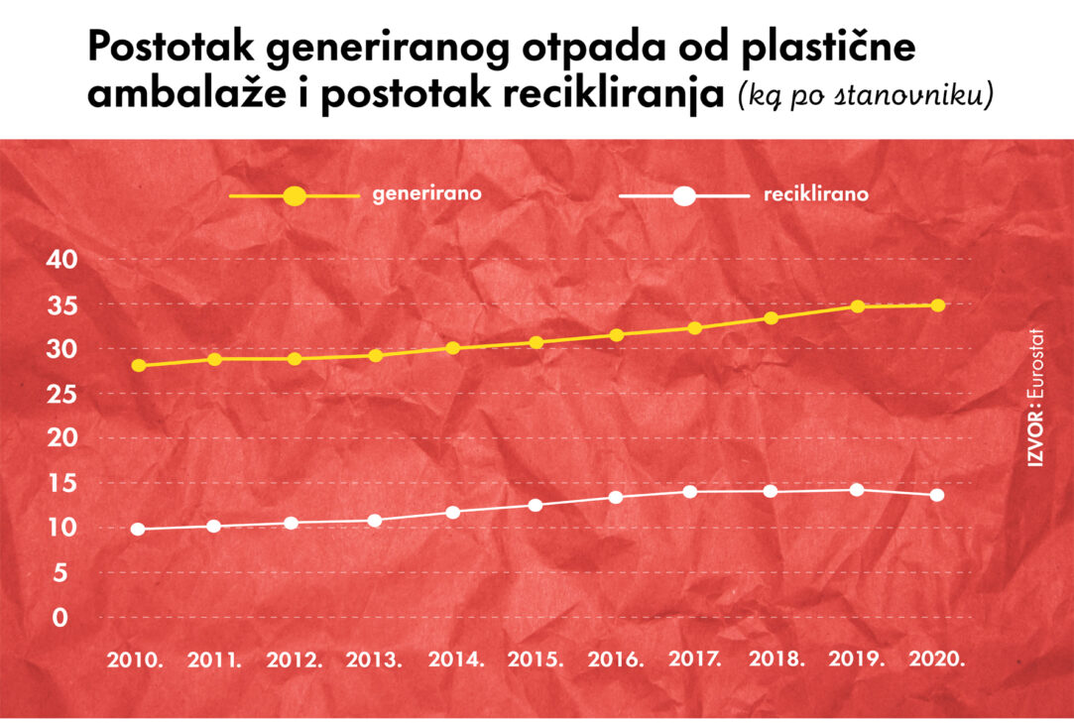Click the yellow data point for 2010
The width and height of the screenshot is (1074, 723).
(x=138, y=365)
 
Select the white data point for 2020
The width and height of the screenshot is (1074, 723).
(x=936, y=495)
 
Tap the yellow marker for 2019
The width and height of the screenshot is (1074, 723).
(x=857, y=306)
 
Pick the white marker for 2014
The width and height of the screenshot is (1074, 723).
(x=453, y=513)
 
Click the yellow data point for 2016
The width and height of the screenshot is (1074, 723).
(x=617, y=335)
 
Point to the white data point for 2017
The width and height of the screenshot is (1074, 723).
(x=690, y=491)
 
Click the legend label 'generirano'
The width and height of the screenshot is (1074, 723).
(x=427, y=194)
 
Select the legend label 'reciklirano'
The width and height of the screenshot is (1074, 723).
(x=816, y=194)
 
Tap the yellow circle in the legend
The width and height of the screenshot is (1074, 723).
(x=295, y=196)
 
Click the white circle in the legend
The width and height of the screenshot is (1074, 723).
(x=683, y=196)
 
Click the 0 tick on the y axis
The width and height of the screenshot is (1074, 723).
(x=60, y=618)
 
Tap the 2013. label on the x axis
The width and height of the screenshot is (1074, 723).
(x=374, y=660)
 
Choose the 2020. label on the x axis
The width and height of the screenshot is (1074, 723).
(x=936, y=660)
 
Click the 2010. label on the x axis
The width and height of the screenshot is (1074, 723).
(x=136, y=660)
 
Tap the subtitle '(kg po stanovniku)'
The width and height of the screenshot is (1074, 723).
(x=865, y=96)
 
